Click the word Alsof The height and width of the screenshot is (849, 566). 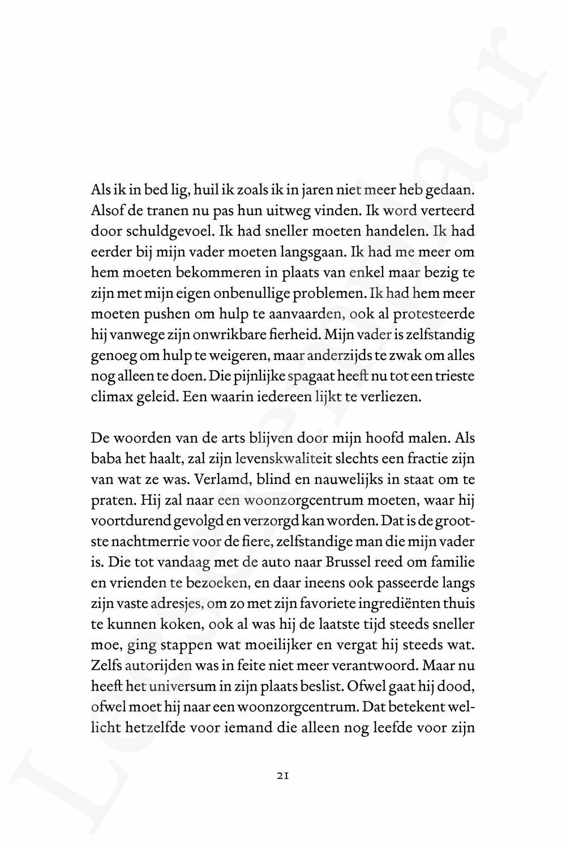105,211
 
